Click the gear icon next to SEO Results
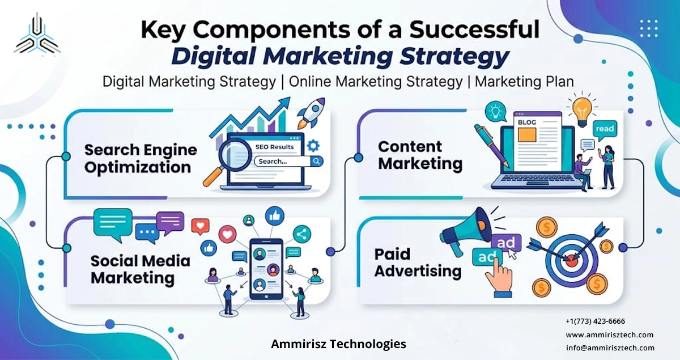[x=313, y=146]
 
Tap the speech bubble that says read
[x=605, y=130]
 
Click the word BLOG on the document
[x=525, y=121]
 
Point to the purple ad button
[x=505, y=243]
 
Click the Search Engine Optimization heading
[x=141, y=159]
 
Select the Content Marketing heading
[x=420, y=155]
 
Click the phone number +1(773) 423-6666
[x=595, y=321]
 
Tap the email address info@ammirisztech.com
[x=610, y=348]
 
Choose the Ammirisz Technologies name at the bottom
[x=338, y=344]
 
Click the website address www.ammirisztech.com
[x=609, y=334]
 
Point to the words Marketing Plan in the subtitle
[x=524, y=81]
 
